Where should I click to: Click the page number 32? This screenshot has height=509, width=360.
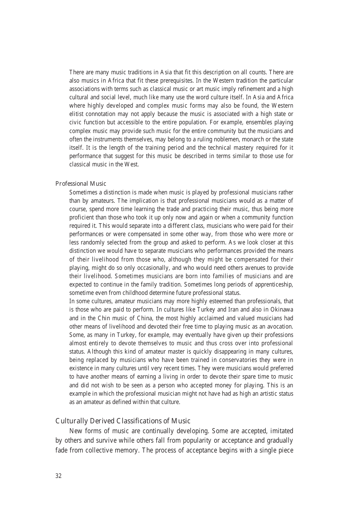(58, 476)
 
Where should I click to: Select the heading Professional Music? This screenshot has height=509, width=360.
(81, 184)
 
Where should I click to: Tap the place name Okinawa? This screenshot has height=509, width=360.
(282, 310)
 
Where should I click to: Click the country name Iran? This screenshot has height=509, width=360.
(233, 310)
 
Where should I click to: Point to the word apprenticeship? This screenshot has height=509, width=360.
(270, 285)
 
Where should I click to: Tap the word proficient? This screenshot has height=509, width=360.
(82, 218)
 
